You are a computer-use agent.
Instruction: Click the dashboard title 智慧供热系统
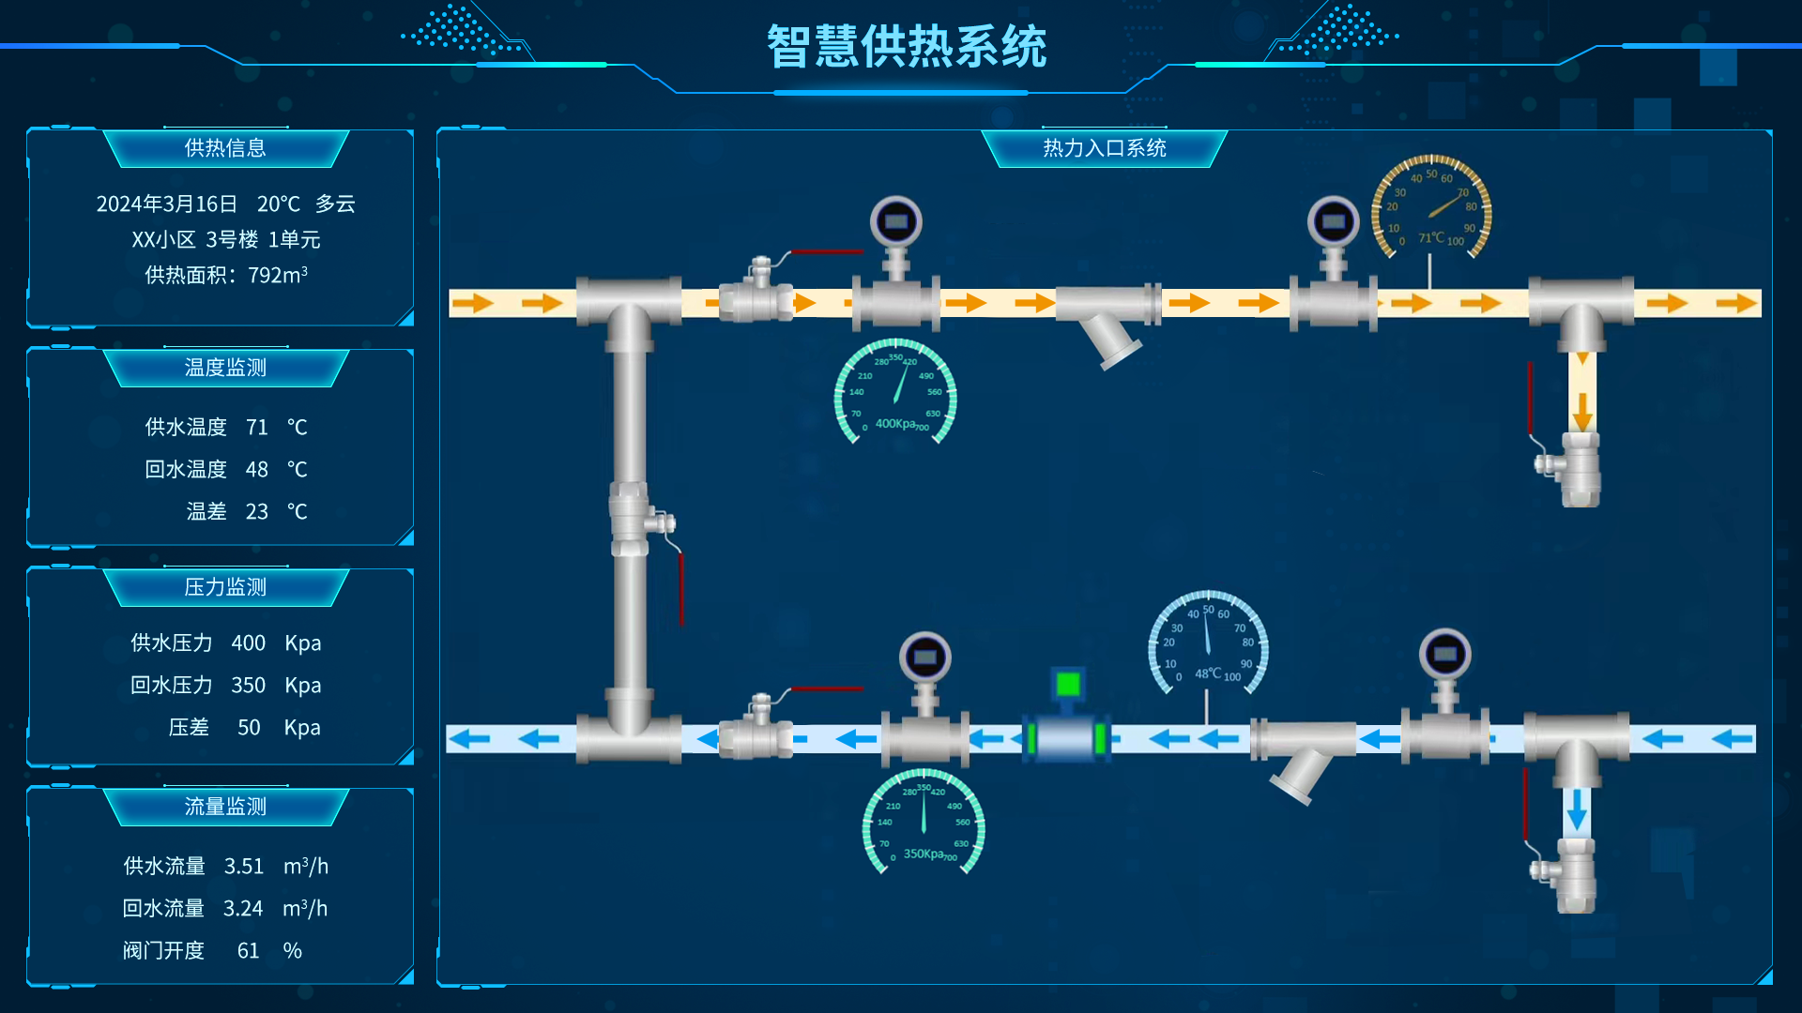(906, 47)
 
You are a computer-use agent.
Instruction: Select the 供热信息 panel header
(225, 148)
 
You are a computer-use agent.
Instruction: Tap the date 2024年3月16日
(167, 204)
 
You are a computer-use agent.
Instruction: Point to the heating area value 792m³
(278, 276)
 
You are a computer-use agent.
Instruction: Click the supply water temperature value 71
(257, 428)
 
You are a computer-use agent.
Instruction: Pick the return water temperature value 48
(257, 470)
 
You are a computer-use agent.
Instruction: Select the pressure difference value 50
(249, 728)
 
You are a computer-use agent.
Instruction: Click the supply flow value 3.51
(244, 867)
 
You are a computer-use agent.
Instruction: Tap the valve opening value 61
(248, 951)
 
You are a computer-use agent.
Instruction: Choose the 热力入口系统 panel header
(1104, 148)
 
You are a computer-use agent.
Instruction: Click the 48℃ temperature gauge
(1208, 643)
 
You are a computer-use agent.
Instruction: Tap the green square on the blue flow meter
(1068, 684)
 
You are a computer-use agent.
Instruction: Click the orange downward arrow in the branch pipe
(1582, 411)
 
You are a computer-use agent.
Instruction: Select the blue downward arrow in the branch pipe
(1577, 809)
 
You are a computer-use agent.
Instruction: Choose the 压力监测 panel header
(225, 587)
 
